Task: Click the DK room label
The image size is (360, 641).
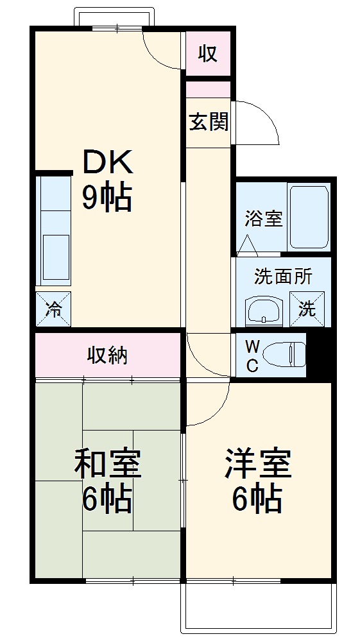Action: pyautogui.click(x=107, y=163)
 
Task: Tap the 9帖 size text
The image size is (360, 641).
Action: pyautogui.click(x=107, y=198)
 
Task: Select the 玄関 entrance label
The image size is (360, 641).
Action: pyautogui.click(x=208, y=122)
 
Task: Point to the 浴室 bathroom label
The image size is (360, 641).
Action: pyautogui.click(x=262, y=219)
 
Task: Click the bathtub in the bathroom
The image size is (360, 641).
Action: pyautogui.click(x=309, y=217)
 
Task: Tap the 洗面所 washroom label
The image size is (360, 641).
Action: pyautogui.click(x=283, y=277)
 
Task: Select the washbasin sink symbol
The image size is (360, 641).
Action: pyautogui.click(x=263, y=311)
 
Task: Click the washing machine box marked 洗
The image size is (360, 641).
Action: pyautogui.click(x=307, y=309)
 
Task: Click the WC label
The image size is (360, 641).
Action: pyautogui.click(x=252, y=356)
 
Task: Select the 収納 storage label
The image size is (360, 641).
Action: pyautogui.click(x=107, y=355)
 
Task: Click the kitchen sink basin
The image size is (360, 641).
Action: pyautogui.click(x=56, y=256)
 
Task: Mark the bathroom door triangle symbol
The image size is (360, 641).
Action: pyautogui.click(x=248, y=246)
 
